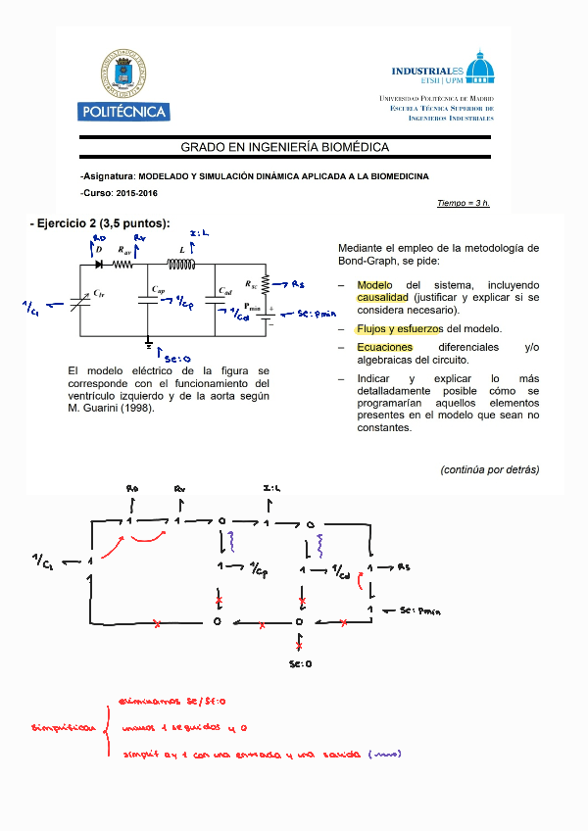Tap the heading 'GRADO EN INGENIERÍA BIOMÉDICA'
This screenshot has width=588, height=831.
[284, 147]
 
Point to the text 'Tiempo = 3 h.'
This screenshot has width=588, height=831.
[463, 203]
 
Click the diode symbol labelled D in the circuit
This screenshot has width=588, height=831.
[99, 264]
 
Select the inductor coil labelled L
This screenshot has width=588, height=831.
[180, 264]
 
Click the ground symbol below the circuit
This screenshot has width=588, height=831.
[149, 343]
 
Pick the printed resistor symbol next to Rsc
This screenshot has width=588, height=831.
[266, 284]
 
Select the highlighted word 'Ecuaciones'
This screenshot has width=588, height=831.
[384, 348]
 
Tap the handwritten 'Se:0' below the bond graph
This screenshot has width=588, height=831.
[300, 664]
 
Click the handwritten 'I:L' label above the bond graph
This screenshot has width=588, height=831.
[272, 488]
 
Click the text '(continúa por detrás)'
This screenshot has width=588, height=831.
[489, 469]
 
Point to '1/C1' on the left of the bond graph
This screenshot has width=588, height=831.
[42, 561]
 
